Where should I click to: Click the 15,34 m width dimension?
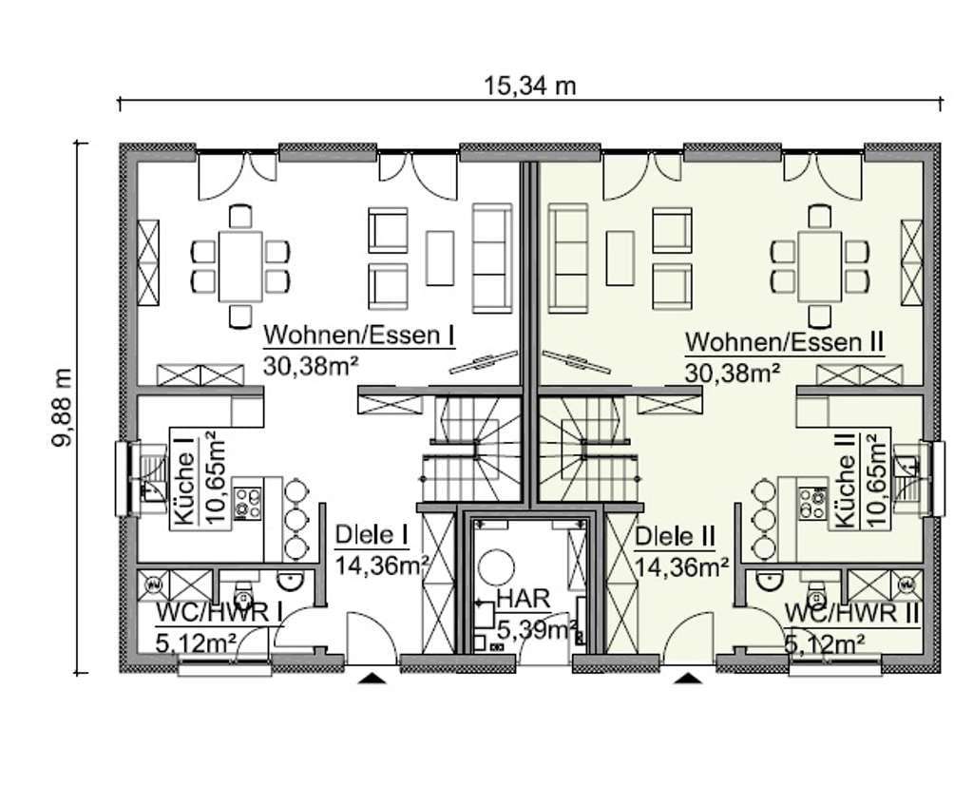(x=529, y=86)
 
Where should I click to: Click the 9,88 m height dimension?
(x=62, y=407)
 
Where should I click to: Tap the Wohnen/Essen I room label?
(x=358, y=335)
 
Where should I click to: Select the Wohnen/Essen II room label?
(x=784, y=343)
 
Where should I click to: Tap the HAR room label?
(x=524, y=599)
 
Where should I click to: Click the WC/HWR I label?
(x=219, y=613)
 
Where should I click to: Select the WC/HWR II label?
(x=851, y=613)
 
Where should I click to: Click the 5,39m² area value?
(x=537, y=629)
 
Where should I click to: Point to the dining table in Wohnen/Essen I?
(x=240, y=266)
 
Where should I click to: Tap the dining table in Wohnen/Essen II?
(x=820, y=266)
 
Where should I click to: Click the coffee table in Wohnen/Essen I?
(x=440, y=258)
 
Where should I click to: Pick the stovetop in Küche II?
(x=813, y=503)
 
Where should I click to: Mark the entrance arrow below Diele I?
(x=372, y=678)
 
